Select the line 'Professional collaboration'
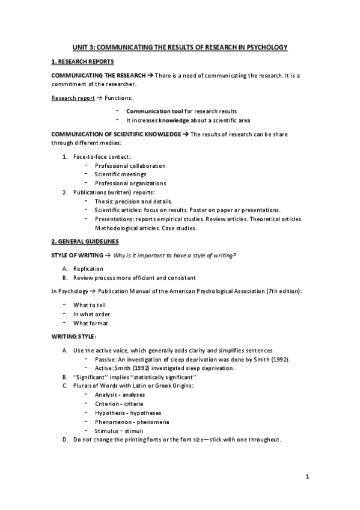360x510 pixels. tap(130, 165)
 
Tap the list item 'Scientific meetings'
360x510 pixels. tap(120, 174)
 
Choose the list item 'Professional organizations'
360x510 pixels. tap(130, 183)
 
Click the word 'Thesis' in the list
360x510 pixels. tap(104, 201)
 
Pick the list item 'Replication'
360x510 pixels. tap(88, 269)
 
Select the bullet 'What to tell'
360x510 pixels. tap(90, 305)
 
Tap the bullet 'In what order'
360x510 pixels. tap(91, 314)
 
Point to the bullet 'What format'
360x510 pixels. tap(90, 323)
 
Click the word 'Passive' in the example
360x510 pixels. tap(105, 359)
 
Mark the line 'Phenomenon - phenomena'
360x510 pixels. tap(132, 422)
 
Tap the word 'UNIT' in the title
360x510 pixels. tap(80, 47)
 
